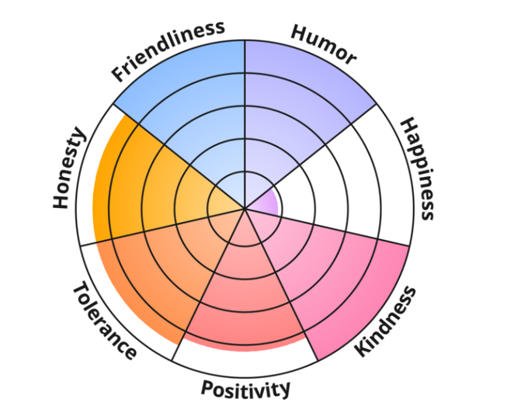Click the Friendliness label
point(168,51)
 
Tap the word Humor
point(323,44)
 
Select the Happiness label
point(415,169)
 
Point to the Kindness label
point(385,321)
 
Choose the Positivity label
point(245,388)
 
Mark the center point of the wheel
point(245,209)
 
